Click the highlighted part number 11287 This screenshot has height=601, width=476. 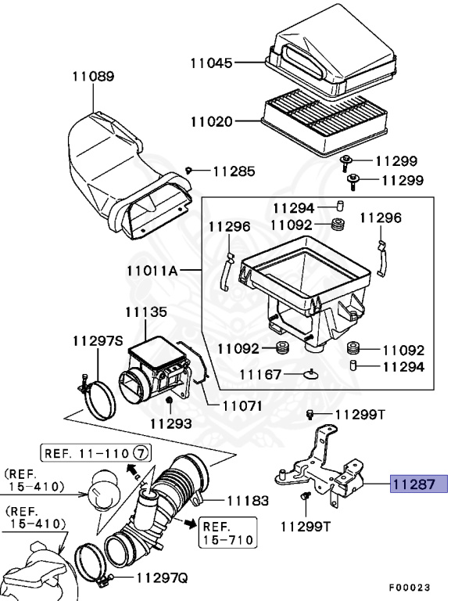point(418,484)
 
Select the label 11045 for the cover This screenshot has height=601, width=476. point(212,62)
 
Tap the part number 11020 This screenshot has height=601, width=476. point(212,121)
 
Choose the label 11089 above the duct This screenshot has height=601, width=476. point(93,77)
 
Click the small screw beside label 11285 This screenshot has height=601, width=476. point(190,171)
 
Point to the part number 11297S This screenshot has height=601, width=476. point(98,341)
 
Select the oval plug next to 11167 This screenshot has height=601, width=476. point(311,375)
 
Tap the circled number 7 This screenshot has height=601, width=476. point(140,453)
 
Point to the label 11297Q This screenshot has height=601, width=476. point(162,579)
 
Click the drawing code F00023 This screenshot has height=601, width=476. point(411,585)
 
